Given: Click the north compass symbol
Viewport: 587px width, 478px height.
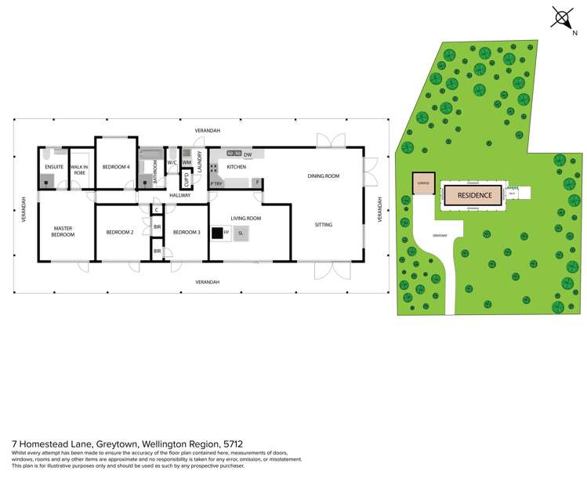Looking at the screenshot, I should [561, 17].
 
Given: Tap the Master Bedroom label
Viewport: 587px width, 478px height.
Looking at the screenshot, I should [63, 232].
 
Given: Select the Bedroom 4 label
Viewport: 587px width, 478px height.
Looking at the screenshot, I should [116, 167].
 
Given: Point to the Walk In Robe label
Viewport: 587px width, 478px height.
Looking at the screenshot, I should [80, 169].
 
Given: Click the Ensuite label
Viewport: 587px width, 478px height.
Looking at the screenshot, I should [54, 167].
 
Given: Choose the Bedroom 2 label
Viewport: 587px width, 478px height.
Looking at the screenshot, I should [121, 233].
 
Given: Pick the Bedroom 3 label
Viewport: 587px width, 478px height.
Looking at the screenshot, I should [187, 233].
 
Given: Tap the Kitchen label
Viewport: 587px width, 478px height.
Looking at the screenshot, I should [236, 167].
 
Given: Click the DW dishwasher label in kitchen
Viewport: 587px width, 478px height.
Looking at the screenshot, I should [248, 155].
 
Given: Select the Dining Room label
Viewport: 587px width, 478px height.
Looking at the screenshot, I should [323, 176].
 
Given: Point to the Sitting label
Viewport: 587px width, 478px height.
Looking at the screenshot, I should [323, 225].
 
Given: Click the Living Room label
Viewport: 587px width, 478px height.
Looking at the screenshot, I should [246, 219].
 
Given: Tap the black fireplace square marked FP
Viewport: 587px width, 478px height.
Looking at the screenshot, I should [216, 233].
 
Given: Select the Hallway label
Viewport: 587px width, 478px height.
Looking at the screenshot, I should [179, 195].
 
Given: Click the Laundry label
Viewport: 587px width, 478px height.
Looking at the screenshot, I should [201, 161].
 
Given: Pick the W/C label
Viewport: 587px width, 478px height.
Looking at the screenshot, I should [172, 163].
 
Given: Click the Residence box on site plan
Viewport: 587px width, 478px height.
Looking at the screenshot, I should [473, 195].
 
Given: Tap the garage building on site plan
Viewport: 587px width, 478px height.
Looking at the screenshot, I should [424, 183].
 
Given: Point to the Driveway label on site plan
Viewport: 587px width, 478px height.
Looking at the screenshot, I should [439, 236].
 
